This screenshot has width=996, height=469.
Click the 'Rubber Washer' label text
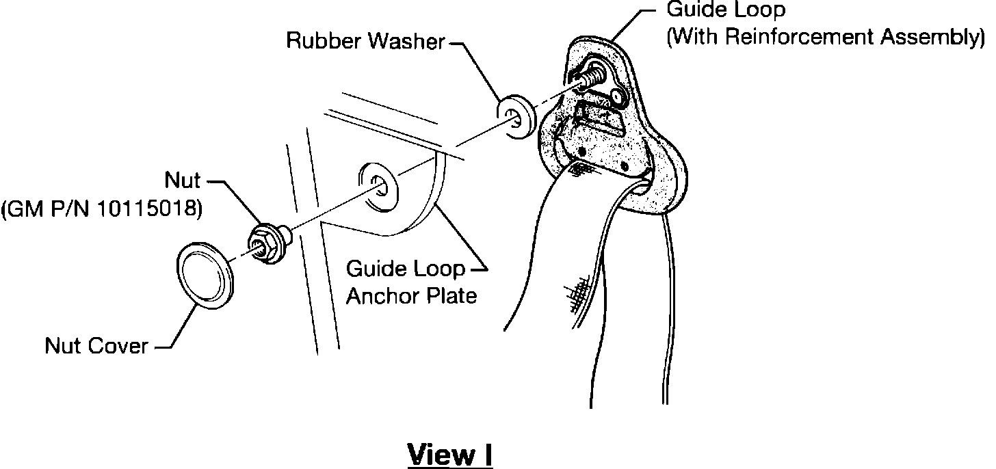pos(365,42)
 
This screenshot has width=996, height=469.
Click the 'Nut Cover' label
pos(96,346)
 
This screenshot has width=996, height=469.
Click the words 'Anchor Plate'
pos(411,297)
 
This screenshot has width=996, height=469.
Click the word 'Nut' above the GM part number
pos(183,182)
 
